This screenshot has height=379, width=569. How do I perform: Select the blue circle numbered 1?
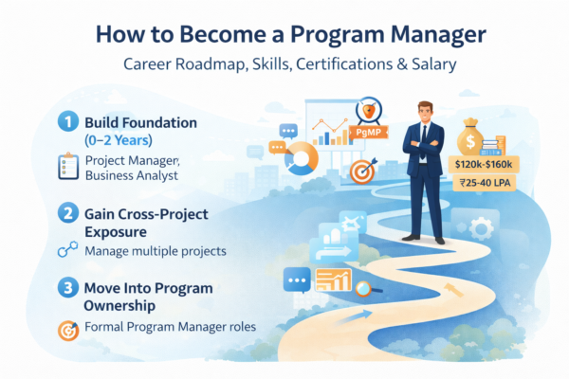pos(66,123)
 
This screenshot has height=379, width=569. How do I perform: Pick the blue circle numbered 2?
pos(66,213)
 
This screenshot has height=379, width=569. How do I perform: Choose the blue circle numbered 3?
pos(66,287)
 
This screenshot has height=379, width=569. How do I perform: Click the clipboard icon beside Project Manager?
pos(67,168)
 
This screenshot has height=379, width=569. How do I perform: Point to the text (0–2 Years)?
pos(115,139)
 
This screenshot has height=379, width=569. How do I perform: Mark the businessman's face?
pos(423,107)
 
